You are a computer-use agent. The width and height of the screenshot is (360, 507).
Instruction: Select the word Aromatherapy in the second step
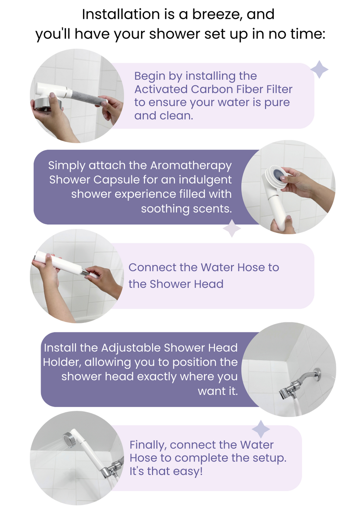191,166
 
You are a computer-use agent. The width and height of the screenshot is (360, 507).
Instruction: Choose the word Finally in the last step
148,445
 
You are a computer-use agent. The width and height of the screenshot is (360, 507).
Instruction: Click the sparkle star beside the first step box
319,69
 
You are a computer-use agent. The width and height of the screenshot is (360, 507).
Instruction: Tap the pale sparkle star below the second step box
232,228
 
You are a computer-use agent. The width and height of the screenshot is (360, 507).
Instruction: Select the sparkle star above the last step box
261,429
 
